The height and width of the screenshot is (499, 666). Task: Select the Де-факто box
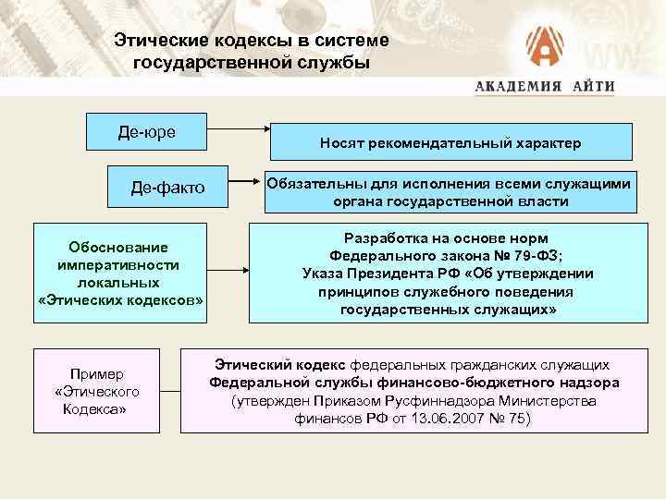(166, 189)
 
